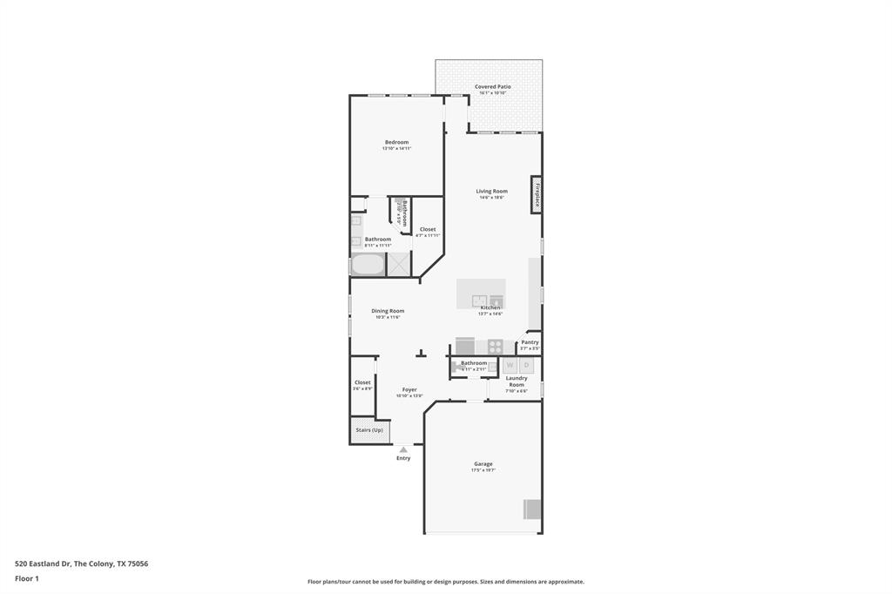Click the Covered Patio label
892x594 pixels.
492,87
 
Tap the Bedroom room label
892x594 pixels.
396,142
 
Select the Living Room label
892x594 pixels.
491,192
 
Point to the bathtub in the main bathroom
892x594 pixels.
368,264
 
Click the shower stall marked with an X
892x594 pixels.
399,264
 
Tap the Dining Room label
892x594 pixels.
388,311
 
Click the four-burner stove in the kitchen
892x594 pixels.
495,346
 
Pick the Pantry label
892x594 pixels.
530,342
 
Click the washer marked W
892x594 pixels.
510,365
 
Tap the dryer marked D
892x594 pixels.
526,365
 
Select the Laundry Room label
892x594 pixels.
517,381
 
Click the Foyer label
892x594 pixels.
409,390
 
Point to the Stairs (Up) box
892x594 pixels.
369,430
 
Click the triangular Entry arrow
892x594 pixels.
403,449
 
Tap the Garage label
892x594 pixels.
483,464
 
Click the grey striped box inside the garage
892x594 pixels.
531,509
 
